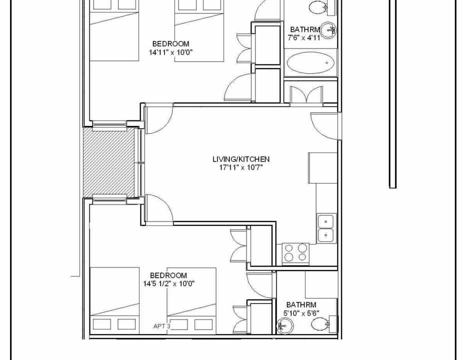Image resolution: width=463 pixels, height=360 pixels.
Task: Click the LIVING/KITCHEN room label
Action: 241,159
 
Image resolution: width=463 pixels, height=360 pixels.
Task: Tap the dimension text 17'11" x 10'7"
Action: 241,167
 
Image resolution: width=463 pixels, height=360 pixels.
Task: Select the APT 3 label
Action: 162,326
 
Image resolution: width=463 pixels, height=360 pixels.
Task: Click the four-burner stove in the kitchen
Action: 295,253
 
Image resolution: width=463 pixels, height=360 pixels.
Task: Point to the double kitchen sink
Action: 326,228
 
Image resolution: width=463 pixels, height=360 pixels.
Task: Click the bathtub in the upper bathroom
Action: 310,63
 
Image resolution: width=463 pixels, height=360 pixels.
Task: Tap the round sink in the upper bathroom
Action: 328,30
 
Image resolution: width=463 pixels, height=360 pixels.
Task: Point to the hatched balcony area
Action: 108,161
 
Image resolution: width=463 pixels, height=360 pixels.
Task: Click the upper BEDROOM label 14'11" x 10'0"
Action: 170,48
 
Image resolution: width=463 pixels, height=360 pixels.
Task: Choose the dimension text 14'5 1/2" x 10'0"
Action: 169,284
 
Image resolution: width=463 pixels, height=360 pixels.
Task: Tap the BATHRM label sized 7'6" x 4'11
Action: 304,33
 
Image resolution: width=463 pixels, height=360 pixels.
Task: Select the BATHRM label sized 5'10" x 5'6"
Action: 301,308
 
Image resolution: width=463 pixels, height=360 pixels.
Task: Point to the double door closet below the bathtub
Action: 306,94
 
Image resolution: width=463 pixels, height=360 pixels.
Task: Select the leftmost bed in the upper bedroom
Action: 114,30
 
